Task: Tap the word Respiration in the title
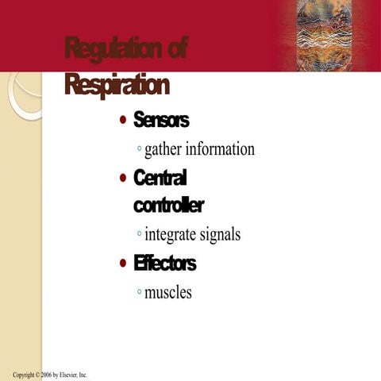coord(117,84)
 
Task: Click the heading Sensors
coord(161,120)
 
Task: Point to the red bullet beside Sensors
coord(122,121)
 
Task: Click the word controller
coord(168,206)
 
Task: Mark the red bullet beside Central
coord(122,178)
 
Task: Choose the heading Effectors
coord(164,263)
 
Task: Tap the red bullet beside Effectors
coord(122,264)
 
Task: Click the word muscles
coord(167,292)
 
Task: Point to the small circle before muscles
coord(139,292)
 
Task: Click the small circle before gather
coord(139,149)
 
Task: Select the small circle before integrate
coord(139,235)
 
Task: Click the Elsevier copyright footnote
coord(49,375)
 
